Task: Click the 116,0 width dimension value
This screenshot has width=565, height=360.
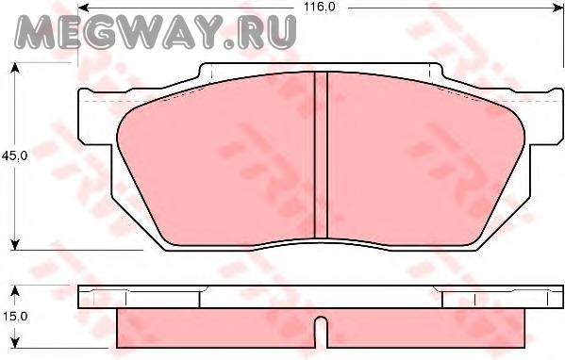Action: [x=320, y=7]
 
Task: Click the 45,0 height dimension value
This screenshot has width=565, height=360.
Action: [x=15, y=155]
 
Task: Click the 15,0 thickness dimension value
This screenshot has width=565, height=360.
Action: [x=15, y=317]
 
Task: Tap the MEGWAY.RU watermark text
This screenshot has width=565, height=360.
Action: [x=156, y=32]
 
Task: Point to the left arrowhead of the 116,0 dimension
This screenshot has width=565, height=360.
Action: [x=83, y=8]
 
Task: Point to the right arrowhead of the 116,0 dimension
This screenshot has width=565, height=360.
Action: [x=558, y=8]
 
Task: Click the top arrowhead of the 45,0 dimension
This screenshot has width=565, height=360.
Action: [x=15, y=68]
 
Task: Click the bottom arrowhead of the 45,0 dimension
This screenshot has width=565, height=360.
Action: [x=15, y=245]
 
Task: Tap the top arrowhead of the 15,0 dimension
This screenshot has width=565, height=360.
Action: [x=15, y=291]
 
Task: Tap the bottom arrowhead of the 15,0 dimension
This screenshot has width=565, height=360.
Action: [x=15, y=343]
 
